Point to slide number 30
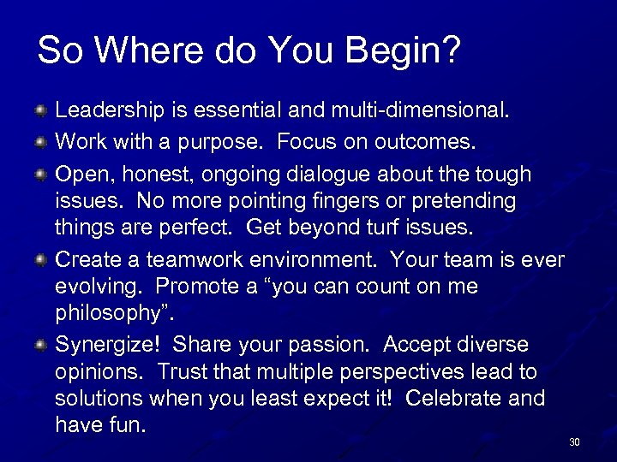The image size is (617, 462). tap(574, 442)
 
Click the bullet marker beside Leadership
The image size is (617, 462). tap(40, 110)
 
